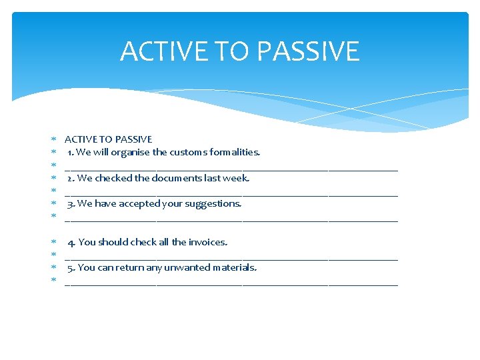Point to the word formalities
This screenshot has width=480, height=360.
pos(237,152)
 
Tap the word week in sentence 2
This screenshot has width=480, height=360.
pos(237,178)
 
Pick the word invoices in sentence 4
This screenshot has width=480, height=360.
pos(208,242)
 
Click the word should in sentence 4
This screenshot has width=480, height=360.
pos(114,242)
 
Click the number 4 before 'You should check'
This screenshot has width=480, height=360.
pos(71,242)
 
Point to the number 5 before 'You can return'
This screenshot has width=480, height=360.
pos(70,267)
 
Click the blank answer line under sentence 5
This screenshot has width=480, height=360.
pos(231,283)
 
